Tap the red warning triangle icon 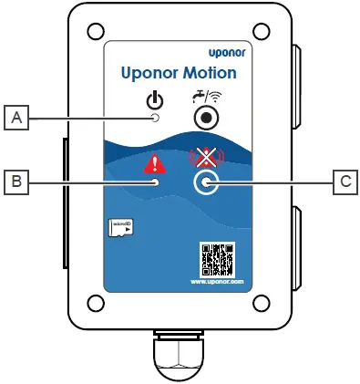click(156, 163)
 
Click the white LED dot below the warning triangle click(156, 182)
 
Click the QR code click(217, 259)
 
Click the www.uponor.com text click(217, 282)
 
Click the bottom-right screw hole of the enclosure click(260, 301)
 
